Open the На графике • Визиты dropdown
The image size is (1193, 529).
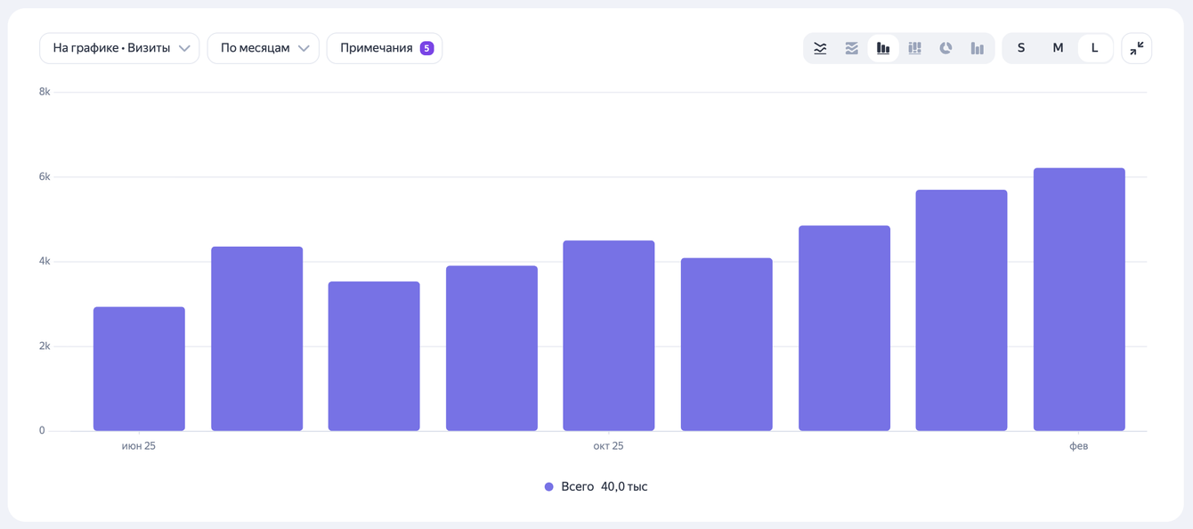(x=119, y=48)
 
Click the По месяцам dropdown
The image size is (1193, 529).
(x=264, y=48)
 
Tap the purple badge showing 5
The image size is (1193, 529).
(x=426, y=48)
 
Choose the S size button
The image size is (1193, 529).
(x=1021, y=48)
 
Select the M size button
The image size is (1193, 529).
(x=1058, y=48)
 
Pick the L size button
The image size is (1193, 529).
(x=1094, y=48)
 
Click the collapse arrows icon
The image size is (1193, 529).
(x=1136, y=48)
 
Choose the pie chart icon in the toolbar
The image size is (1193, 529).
(x=945, y=48)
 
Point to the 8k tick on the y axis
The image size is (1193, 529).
(x=45, y=92)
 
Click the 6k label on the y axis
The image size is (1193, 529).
(x=45, y=176)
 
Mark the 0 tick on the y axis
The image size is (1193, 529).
(x=42, y=430)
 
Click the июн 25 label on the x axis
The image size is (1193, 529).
(x=139, y=445)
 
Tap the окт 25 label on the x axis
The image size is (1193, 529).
(x=608, y=445)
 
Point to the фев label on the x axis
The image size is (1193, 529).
(x=1078, y=445)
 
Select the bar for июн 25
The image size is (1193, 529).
(x=139, y=370)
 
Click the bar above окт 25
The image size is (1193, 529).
(x=609, y=336)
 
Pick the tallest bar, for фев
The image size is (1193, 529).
(x=1079, y=299)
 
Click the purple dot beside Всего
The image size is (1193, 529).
(x=549, y=486)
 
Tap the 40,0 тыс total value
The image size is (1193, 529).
(x=624, y=486)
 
